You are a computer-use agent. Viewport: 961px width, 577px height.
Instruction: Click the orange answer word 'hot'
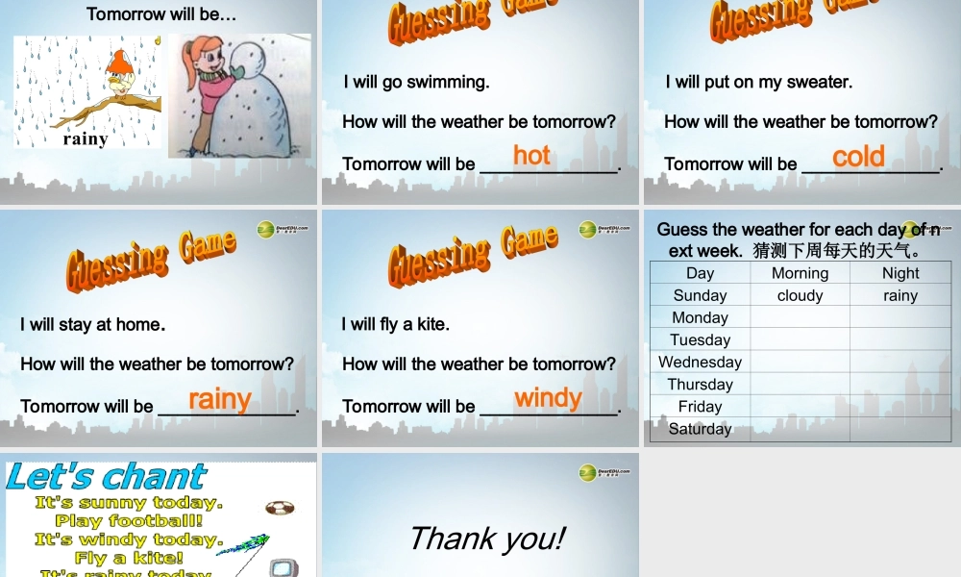pos(531,155)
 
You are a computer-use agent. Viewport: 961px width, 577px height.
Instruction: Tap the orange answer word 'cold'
pos(858,156)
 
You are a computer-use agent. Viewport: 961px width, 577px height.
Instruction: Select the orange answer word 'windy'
pos(548,397)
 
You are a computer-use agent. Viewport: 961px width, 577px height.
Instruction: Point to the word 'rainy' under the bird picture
pos(86,138)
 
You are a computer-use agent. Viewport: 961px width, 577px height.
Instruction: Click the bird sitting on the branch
pos(119,77)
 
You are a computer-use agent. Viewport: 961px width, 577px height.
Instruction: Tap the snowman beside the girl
pos(253,96)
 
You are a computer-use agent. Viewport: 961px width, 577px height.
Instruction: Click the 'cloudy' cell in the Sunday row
pos(800,295)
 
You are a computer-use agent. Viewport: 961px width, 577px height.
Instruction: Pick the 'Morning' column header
pos(800,273)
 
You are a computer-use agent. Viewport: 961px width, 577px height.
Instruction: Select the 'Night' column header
pos(900,273)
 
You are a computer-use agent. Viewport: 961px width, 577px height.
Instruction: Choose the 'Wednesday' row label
pos(700,362)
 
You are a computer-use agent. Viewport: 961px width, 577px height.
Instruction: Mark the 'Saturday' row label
pos(700,429)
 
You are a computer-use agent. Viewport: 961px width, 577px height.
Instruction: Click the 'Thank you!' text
pos(486,539)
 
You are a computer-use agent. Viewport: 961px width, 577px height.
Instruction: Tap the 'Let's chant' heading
pos(106,476)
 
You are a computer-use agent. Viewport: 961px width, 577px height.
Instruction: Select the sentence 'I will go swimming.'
pos(416,82)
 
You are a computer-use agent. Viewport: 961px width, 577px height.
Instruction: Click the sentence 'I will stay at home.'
pos(92,324)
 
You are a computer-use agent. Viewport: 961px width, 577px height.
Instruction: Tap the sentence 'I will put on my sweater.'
pos(758,82)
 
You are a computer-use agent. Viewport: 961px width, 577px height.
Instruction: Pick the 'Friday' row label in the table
pos(700,407)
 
